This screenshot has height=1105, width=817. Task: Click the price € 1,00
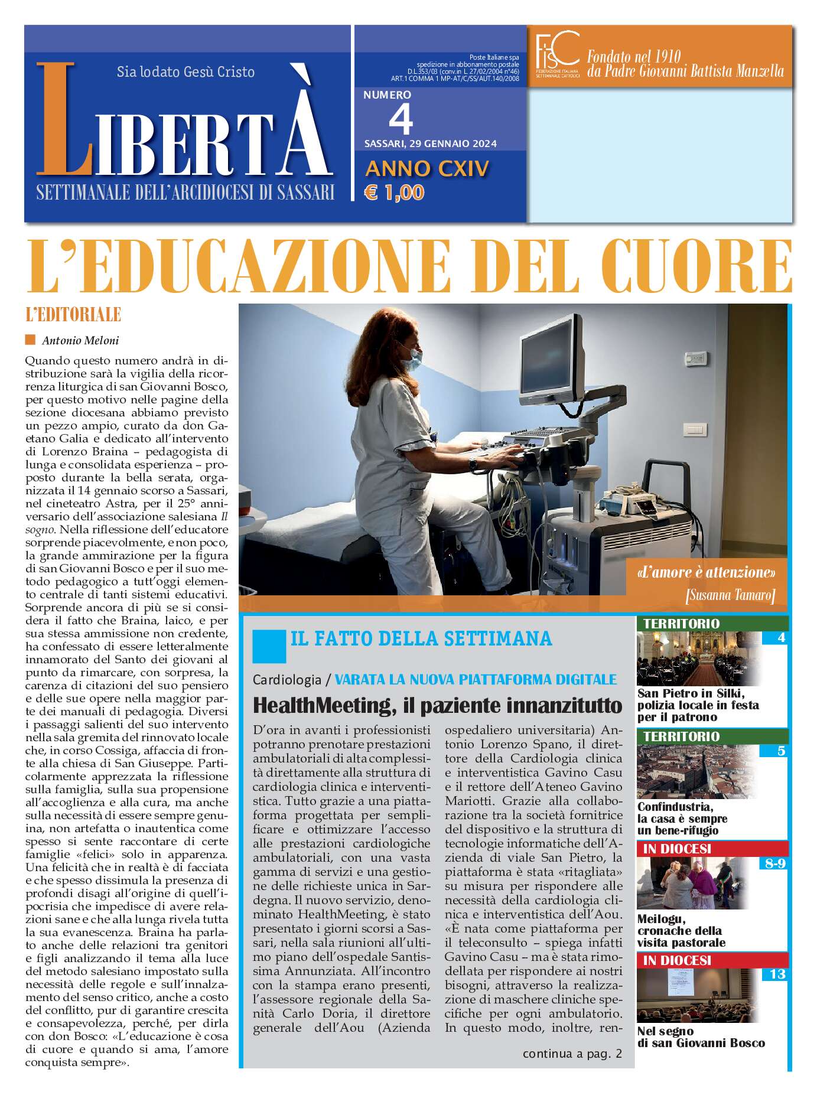(x=395, y=193)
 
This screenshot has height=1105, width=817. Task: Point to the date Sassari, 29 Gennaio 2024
(x=430, y=144)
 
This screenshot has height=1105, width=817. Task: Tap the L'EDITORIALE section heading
(x=73, y=314)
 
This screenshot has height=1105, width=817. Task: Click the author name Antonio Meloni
(x=80, y=340)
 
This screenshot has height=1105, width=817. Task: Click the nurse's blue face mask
(x=415, y=356)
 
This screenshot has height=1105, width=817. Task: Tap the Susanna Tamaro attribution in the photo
(x=730, y=595)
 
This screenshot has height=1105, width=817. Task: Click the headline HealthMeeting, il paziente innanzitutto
(x=437, y=705)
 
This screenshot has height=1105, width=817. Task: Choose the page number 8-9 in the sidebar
(x=774, y=863)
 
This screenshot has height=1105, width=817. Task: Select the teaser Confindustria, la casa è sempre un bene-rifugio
(x=682, y=818)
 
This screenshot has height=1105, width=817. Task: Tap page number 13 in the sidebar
(x=777, y=974)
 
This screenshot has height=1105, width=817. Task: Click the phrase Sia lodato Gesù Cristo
(x=185, y=72)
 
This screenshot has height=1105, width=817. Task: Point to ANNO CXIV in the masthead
(x=427, y=169)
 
